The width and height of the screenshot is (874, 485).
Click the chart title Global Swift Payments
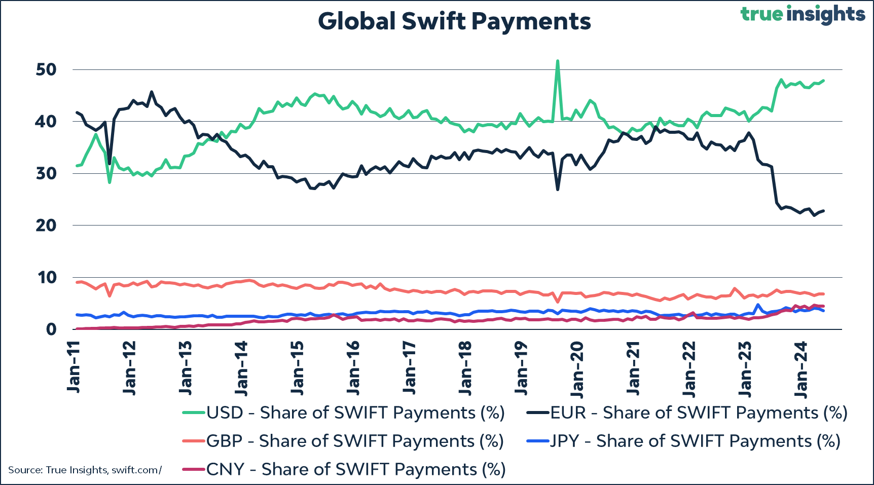pos(454,21)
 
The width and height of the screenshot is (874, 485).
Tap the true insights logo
pos(803,14)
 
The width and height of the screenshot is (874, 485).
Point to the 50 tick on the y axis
pos(46,69)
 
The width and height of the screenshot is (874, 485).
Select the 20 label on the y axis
pos(46,226)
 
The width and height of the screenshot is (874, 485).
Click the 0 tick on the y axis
pos(51,329)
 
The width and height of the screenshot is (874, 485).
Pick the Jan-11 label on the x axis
pos(74,366)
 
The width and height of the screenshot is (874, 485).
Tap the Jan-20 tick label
pos(577,368)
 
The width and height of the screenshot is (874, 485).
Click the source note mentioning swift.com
pos(85,470)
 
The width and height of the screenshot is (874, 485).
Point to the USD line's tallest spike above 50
pos(558,61)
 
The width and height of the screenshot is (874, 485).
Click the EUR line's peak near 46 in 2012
pos(152,92)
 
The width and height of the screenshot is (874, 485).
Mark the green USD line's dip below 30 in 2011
pos(110,182)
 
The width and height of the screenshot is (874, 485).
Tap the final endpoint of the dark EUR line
pos(823,211)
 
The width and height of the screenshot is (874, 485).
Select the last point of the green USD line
pos(823,81)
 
